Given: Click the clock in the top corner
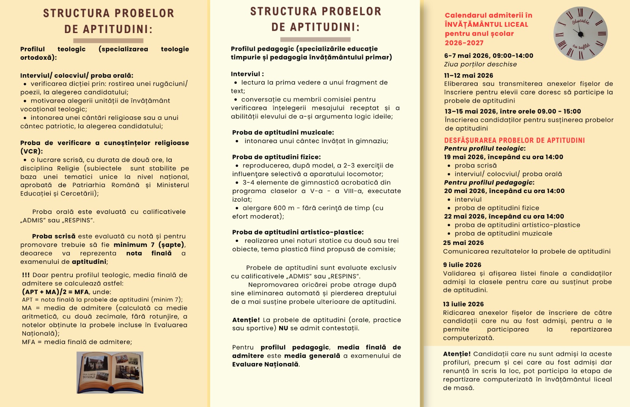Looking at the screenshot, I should pyautogui.click(x=580, y=33).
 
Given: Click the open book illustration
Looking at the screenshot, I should pyautogui.click(x=110, y=372).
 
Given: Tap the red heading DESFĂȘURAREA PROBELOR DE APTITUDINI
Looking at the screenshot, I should pyautogui.click(x=514, y=140).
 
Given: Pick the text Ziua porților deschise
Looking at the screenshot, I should pyautogui.click(x=480, y=64).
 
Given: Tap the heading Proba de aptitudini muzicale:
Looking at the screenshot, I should pyautogui.click(x=283, y=133).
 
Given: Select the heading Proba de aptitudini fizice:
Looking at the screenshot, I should pyautogui.click(x=276, y=157).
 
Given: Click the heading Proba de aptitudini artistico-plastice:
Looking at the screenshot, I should pyautogui.click(x=298, y=232).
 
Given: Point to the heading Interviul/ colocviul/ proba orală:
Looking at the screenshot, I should pyautogui.click(x=77, y=76).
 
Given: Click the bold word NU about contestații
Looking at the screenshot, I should pyautogui.click(x=283, y=328).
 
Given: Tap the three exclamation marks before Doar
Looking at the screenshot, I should pyautogui.click(x=26, y=275).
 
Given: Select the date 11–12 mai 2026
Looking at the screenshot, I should pyautogui.click(x=468, y=76).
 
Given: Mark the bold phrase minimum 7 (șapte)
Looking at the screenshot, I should pyautogui.click(x=148, y=245).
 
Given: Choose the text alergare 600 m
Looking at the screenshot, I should pyautogui.click(x=268, y=208).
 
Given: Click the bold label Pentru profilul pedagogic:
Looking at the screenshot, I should pyautogui.click(x=489, y=182).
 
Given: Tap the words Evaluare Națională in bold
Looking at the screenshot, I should pyautogui.click(x=265, y=365).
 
